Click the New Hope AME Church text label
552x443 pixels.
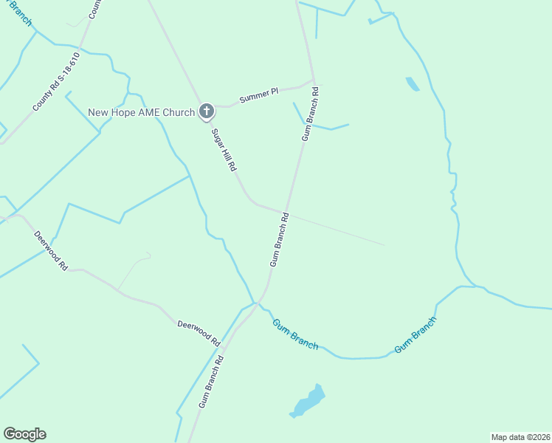pyautogui.click(x=141, y=112)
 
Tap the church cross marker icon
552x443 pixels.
pyautogui.click(x=207, y=112)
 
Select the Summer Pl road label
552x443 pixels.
pyautogui.click(x=258, y=95)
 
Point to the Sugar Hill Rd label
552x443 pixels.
pyautogui.click(x=224, y=150)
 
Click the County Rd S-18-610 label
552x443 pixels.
pyautogui.click(x=56, y=82)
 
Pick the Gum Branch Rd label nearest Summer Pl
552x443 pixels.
pyautogui.click(x=310, y=114)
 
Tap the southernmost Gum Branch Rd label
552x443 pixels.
pyautogui.click(x=211, y=381)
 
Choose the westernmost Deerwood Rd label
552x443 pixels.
pyautogui.click(x=51, y=250)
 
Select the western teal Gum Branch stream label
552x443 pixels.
pyautogui.click(x=295, y=334)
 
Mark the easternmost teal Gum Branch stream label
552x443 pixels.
pyautogui.click(x=415, y=334)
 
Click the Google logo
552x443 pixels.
pyautogui.click(x=24, y=434)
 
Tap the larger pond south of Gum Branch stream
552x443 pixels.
pyautogui.click(x=308, y=402)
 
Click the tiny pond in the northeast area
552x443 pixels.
pyautogui.click(x=412, y=84)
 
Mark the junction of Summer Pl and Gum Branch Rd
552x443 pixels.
pyautogui.click(x=314, y=80)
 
